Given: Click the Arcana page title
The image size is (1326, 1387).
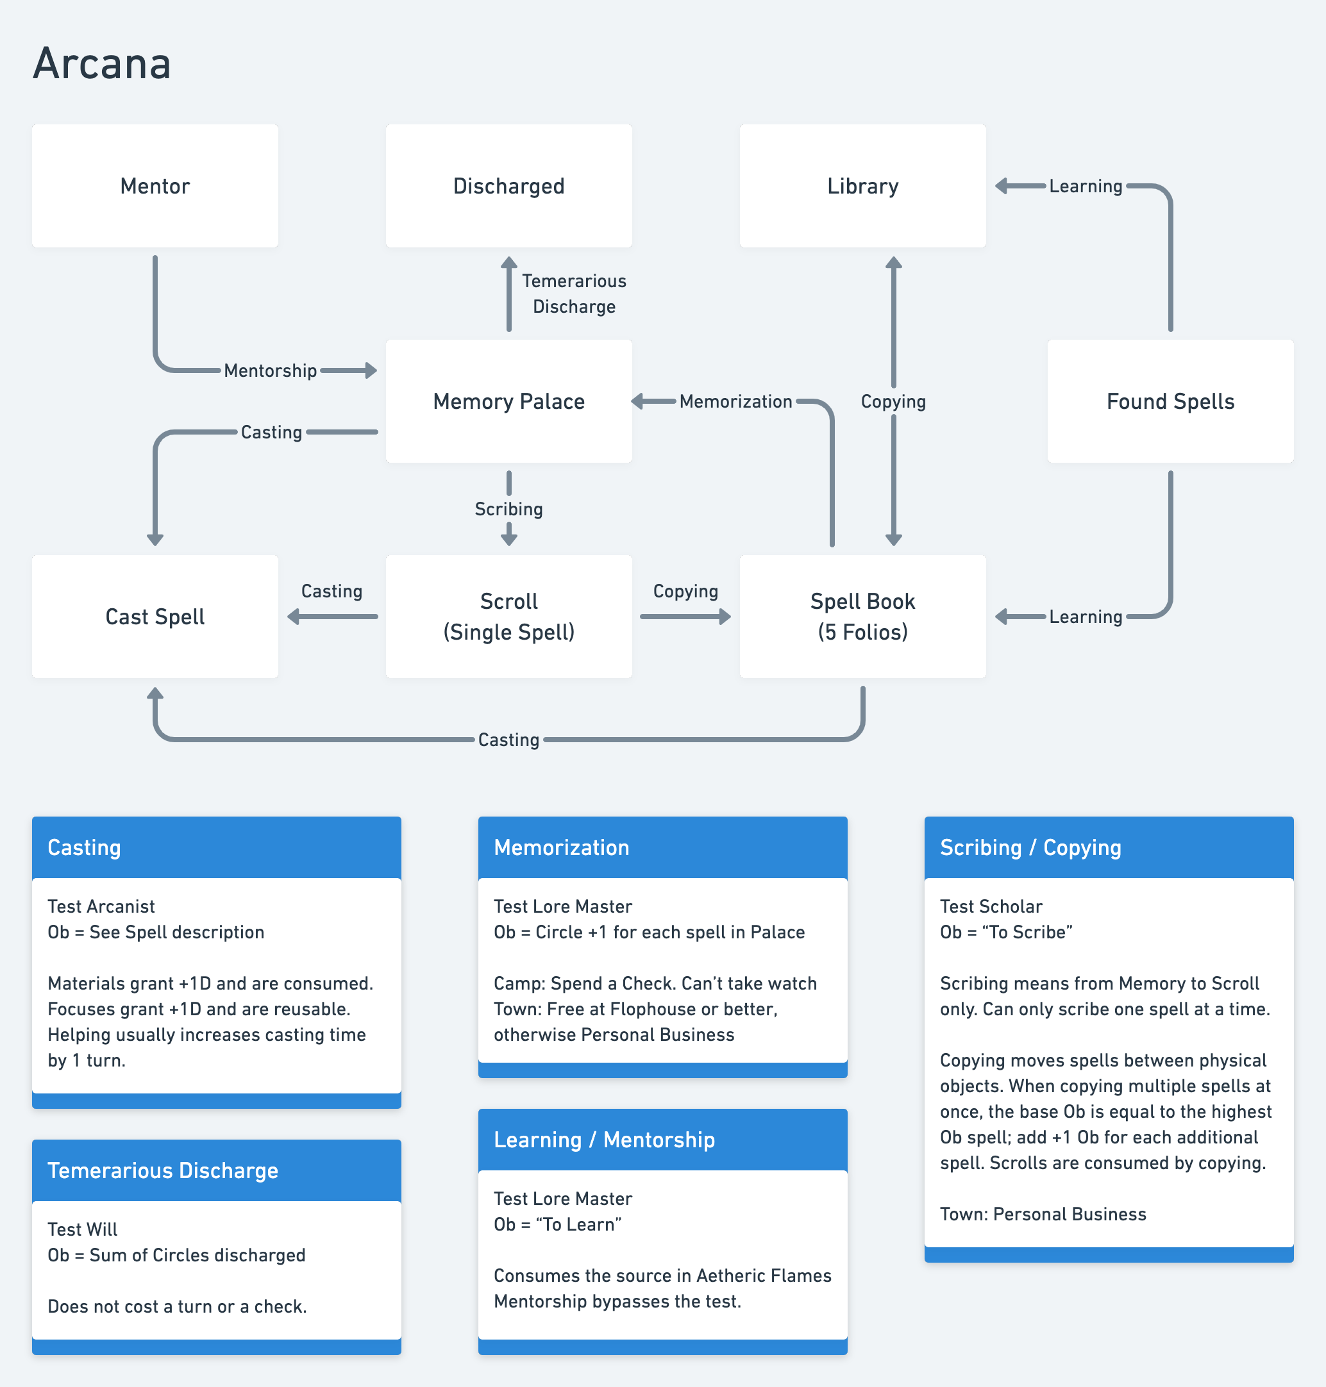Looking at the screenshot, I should [102, 63].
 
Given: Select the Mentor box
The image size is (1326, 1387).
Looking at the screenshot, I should [155, 186].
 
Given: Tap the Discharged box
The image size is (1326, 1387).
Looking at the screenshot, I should [508, 186].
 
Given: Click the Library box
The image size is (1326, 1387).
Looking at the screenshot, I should [862, 186].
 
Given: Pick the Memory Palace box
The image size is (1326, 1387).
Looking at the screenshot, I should [508, 401].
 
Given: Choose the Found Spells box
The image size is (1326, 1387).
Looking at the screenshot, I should [1170, 401].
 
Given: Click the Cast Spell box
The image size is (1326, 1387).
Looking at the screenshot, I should [155, 616].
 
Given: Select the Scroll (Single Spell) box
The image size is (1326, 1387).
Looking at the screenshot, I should [508, 616].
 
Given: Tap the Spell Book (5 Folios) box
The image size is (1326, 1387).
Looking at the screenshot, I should [862, 616].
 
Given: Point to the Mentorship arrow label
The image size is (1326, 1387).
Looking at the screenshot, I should [270, 370].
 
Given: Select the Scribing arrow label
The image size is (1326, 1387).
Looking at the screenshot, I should [508, 509].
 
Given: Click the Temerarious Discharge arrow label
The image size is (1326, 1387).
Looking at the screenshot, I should [574, 293].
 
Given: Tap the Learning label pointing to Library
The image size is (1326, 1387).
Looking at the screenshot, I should [1085, 186].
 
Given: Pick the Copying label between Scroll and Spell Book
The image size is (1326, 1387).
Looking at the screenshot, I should [685, 591].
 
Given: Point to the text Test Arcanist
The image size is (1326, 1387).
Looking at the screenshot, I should [101, 906].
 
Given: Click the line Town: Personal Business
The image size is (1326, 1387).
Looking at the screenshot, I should [1043, 1214].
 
